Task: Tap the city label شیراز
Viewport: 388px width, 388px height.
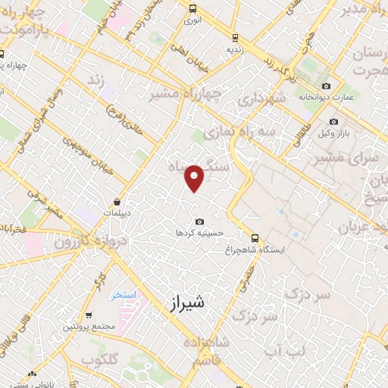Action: tap(183, 303)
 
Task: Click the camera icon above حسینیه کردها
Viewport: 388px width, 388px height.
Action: tap(199, 221)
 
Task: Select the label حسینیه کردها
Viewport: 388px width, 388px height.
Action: tap(199, 233)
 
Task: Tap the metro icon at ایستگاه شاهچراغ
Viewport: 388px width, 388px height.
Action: tap(255, 237)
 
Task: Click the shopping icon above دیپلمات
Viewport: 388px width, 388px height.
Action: tap(117, 202)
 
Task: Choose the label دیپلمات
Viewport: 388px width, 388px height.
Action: tap(117, 214)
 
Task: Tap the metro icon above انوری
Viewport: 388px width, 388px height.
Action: tap(192, 10)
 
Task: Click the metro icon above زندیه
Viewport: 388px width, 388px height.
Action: tap(235, 36)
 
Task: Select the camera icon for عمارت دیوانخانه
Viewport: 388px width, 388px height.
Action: tap(327, 86)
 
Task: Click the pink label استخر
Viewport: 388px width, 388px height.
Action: tap(120, 293)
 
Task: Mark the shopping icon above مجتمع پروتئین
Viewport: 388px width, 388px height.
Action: tap(89, 315)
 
